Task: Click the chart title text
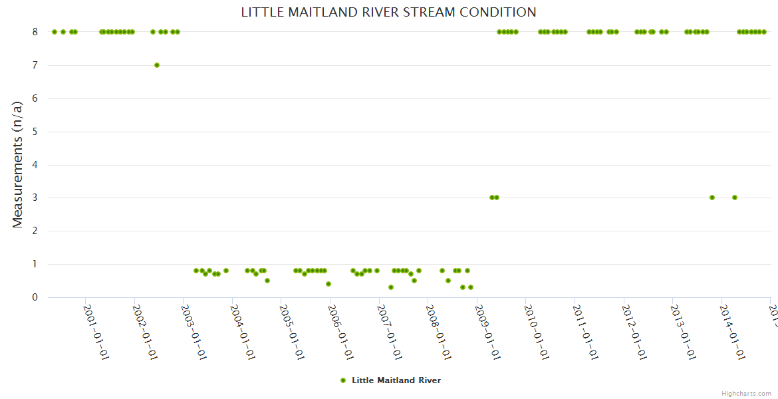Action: click(x=388, y=12)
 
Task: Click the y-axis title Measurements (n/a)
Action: click(x=18, y=165)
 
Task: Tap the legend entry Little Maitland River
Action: click(x=396, y=380)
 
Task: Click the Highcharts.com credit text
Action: click(x=746, y=393)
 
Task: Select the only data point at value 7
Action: click(x=157, y=65)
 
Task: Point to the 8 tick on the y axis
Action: click(x=35, y=32)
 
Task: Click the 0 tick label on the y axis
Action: click(x=35, y=297)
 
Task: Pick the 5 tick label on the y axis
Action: click(x=35, y=132)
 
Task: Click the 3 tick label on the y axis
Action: click(x=35, y=198)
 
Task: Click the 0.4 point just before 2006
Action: click(x=328, y=284)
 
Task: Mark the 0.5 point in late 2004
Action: click(x=267, y=281)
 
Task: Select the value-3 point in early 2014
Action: click(x=735, y=198)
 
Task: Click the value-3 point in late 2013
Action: click(x=712, y=198)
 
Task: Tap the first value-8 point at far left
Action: click(x=55, y=32)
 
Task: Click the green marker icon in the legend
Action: click(x=343, y=380)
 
